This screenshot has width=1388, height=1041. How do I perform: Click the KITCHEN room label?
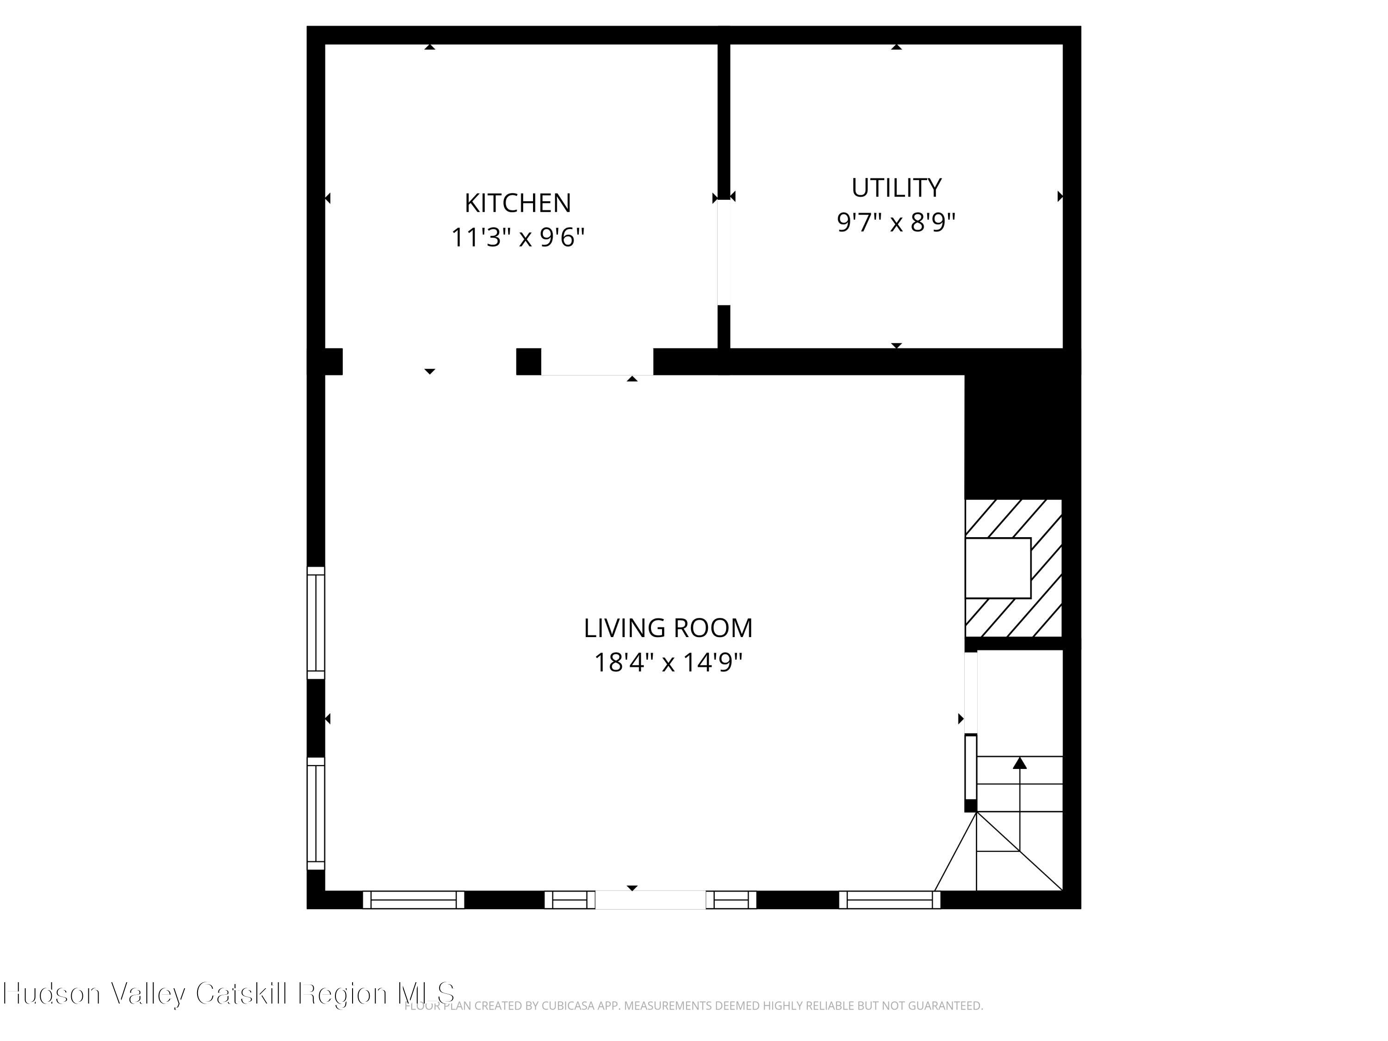(x=518, y=203)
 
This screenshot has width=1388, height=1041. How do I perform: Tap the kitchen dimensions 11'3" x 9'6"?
(x=518, y=238)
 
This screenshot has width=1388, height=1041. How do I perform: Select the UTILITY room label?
(x=896, y=188)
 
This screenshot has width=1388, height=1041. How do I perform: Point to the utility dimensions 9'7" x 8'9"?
(x=896, y=222)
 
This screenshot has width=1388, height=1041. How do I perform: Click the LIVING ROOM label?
(x=668, y=628)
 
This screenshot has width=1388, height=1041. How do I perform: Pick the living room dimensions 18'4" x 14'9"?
(x=668, y=663)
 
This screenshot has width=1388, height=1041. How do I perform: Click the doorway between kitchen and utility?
(x=724, y=252)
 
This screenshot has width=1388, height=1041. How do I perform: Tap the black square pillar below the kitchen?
(x=528, y=361)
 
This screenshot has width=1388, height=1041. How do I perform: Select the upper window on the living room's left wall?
(x=316, y=622)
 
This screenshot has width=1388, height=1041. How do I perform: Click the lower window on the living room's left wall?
(x=316, y=813)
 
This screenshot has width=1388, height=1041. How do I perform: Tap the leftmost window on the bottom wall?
(x=414, y=900)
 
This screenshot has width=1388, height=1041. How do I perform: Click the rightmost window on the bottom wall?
(x=890, y=900)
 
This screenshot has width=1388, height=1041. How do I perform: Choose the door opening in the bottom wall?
(x=650, y=900)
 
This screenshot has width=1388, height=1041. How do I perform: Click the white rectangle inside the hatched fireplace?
(x=998, y=568)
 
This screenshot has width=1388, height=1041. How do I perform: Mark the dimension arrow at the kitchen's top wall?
(x=430, y=47)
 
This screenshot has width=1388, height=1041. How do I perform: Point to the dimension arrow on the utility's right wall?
(x=1060, y=197)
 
